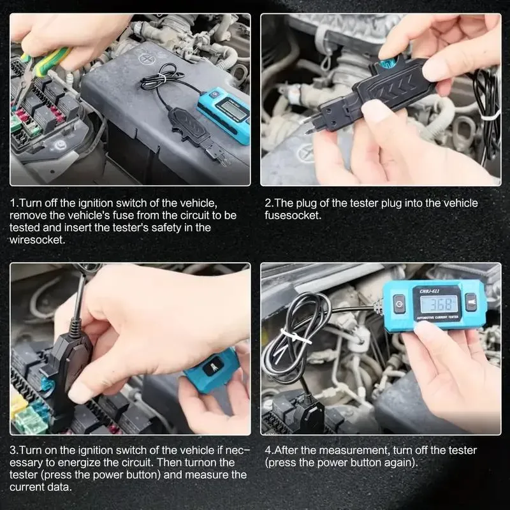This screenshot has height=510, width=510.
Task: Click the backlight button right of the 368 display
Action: pyautogui.click(x=470, y=302)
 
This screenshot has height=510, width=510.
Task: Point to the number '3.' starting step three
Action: pyautogui.click(x=13, y=450)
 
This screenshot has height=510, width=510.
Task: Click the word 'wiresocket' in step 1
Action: pyautogui.click(x=36, y=239)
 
